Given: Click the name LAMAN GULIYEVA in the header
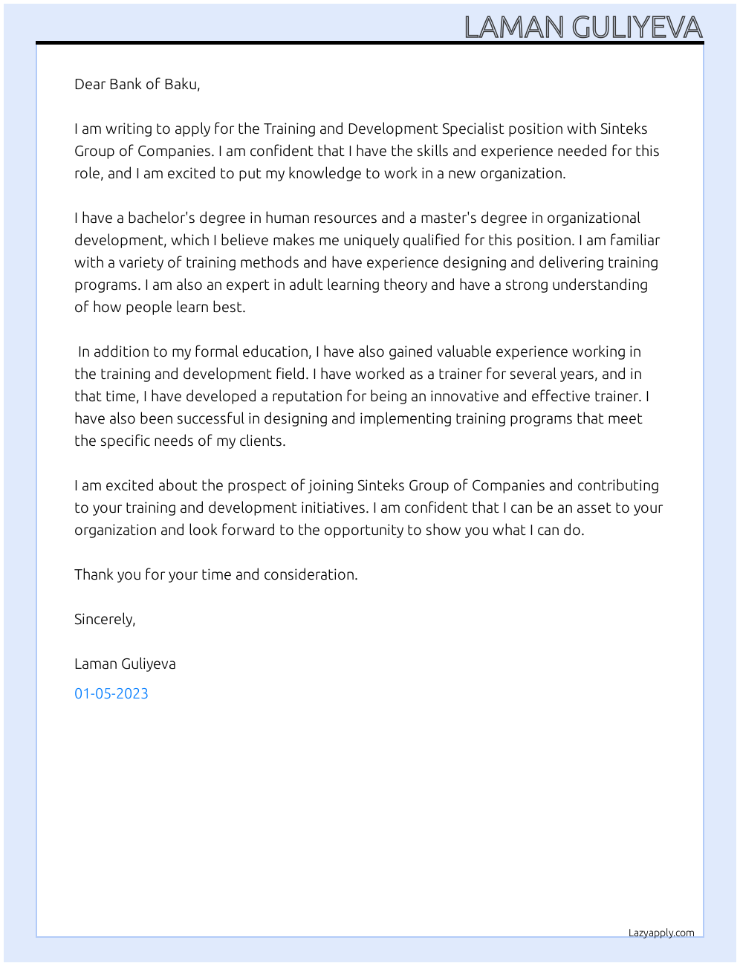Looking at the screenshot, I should (x=583, y=27).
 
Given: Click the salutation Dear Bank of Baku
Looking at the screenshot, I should (x=137, y=84).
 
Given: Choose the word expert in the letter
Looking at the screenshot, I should (x=246, y=285).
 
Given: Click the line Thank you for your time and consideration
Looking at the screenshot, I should (x=215, y=574).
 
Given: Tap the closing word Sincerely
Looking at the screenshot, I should (x=104, y=619).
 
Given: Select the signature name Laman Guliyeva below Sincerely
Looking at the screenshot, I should (x=125, y=664).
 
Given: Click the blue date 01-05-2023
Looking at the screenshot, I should (x=111, y=693).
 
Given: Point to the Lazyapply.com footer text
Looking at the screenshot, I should (x=661, y=933).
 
